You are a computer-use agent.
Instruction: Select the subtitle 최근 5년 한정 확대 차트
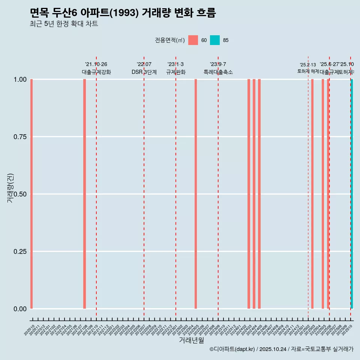pos(64,24)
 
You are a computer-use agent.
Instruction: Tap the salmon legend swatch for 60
pos(193,40)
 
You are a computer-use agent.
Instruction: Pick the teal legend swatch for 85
pos(214,40)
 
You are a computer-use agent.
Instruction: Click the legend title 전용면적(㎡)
pos(170,40)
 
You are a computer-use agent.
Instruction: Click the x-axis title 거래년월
pos(191,340)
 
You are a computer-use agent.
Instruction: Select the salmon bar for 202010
pos(31,193)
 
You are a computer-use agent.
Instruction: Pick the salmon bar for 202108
pos(85,193)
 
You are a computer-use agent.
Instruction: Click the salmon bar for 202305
pos(196,193)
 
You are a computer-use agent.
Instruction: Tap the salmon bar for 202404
pos(254,193)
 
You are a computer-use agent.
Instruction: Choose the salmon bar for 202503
pos(312,193)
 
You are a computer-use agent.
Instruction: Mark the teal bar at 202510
pos(352,193)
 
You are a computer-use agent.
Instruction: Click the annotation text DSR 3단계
pos(144,72)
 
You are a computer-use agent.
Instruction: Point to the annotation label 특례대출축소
pos(218,72)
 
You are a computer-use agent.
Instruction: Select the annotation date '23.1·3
pos(175,64)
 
